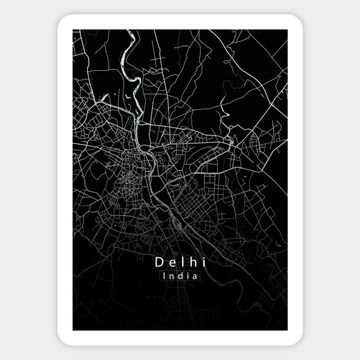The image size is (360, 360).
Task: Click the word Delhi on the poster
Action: [180, 262]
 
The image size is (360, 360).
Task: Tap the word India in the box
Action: [180, 275]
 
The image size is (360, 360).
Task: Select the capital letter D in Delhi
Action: [159, 262]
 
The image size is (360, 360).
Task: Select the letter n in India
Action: [172, 276]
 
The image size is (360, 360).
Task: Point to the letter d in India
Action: [180, 275]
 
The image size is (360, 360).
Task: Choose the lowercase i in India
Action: [187, 275]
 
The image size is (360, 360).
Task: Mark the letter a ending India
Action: [194, 276]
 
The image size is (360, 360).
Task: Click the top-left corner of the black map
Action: [73, 30]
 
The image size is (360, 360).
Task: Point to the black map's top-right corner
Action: [287, 30]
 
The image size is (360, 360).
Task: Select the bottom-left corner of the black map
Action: [73, 330]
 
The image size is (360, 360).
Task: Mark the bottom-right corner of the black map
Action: [287, 330]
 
